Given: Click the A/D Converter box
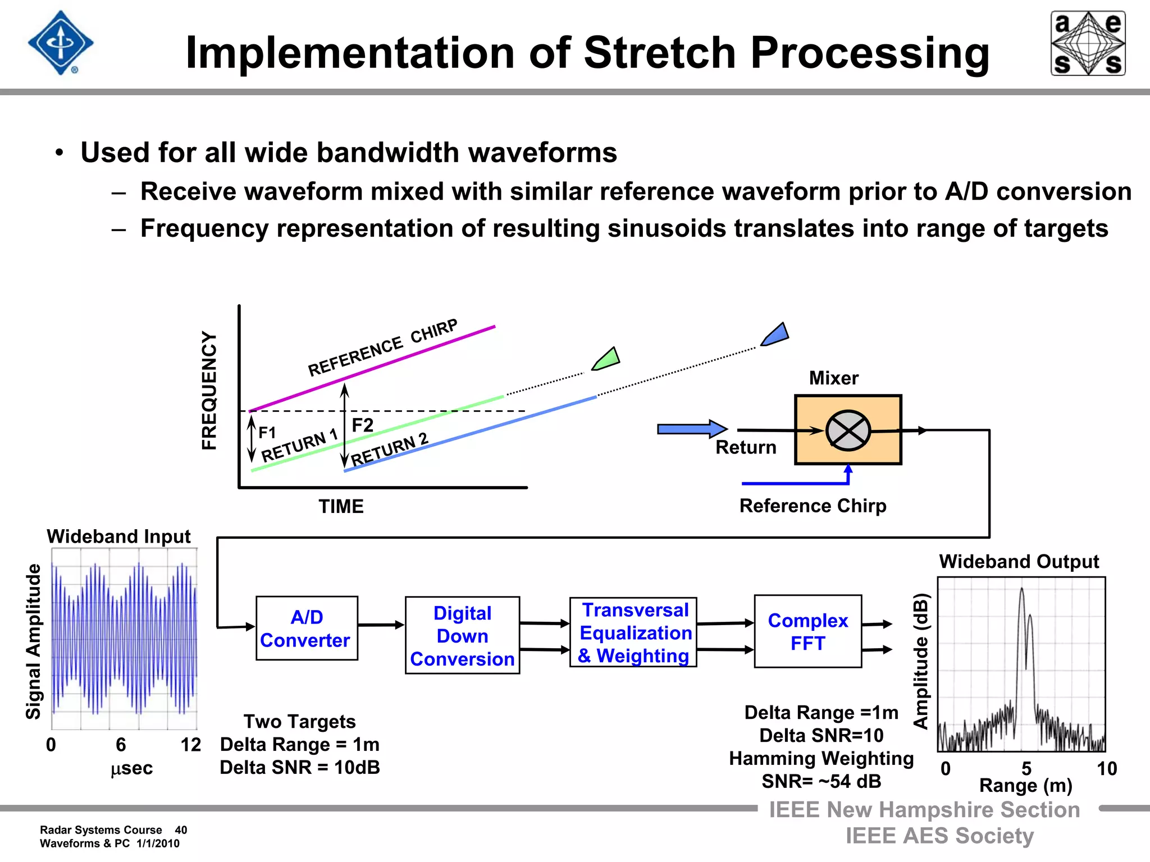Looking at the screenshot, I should pos(307,628).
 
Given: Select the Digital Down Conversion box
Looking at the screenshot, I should pos(462,635).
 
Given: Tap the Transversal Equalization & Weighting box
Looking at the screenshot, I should pos(633,632).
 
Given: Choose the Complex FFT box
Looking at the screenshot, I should pos(807,631).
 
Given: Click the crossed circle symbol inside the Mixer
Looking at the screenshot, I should pos(848,430).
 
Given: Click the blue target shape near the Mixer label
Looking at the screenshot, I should pos(776,335).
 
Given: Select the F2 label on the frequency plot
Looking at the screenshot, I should pos(362,425).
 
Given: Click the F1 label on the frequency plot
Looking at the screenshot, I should pos(267,433).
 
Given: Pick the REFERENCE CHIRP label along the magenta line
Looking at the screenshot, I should pos(382,348).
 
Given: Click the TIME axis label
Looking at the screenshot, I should pos(341,507).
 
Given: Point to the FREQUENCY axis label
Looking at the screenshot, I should pos(209,390).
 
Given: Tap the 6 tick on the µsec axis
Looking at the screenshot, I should pos(121,745).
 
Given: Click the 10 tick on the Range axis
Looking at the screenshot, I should pos(1106,768).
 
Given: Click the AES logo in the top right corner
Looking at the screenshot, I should pos(1088,43).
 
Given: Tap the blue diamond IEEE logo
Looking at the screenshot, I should pos(61,43).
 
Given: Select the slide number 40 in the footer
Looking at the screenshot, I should pos(181,830).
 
